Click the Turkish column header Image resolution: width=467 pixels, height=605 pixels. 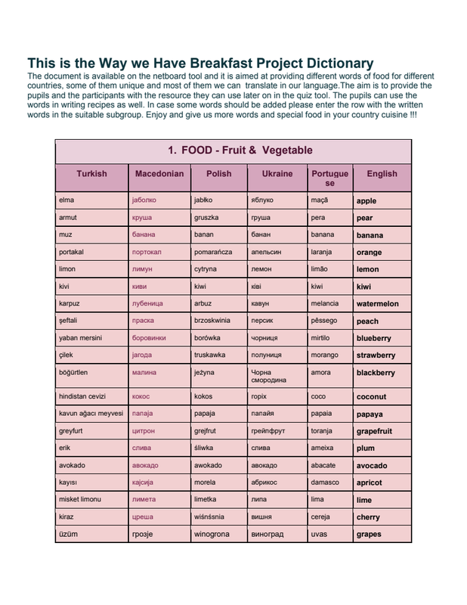[x=91, y=174]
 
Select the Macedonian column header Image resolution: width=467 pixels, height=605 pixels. [x=159, y=174]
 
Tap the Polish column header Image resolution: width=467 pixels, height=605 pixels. [x=219, y=174]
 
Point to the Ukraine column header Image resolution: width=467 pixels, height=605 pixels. [x=277, y=174]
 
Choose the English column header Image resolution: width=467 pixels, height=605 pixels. [x=382, y=174]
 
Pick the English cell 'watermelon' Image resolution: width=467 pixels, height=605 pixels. [x=377, y=304]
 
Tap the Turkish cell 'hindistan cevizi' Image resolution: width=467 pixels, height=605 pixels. [x=82, y=396]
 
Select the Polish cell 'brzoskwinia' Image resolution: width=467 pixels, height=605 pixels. [x=214, y=321]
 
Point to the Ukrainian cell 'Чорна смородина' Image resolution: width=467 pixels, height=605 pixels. [x=268, y=376]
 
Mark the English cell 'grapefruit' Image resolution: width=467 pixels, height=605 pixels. [x=374, y=432]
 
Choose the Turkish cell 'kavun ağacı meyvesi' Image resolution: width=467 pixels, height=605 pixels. [x=91, y=414]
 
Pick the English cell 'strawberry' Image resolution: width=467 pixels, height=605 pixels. [x=376, y=355]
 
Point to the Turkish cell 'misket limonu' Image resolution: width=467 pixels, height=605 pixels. [x=80, y=500]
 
